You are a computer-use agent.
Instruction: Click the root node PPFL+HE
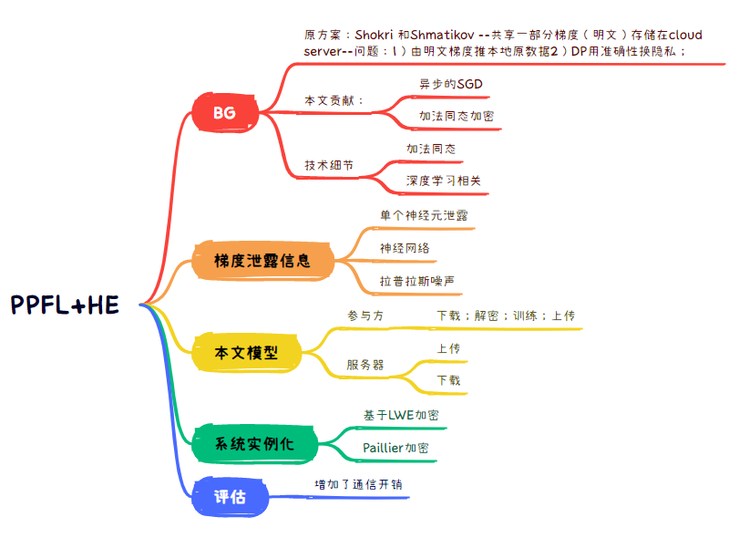(65, 305)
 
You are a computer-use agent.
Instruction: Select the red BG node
(224, 114)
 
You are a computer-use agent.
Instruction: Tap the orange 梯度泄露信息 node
(262, 261)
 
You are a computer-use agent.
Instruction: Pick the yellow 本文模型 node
(245, 352)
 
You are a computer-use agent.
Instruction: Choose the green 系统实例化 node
(254, 444)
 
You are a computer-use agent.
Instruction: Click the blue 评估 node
(230, 497)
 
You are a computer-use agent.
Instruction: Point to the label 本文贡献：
(334, 100)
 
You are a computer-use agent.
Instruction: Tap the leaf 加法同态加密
(457, 117)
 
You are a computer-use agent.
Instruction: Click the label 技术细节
(329, 166)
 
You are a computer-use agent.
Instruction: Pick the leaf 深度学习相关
(443, 181)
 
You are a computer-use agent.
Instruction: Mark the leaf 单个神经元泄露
(417, 215)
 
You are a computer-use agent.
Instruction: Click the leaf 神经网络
(405, 248)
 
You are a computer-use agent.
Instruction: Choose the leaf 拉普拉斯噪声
(417, 281)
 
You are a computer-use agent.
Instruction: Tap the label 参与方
(365, 316)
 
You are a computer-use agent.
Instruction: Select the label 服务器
(364, 365)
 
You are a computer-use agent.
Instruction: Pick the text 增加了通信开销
(357, 484)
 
